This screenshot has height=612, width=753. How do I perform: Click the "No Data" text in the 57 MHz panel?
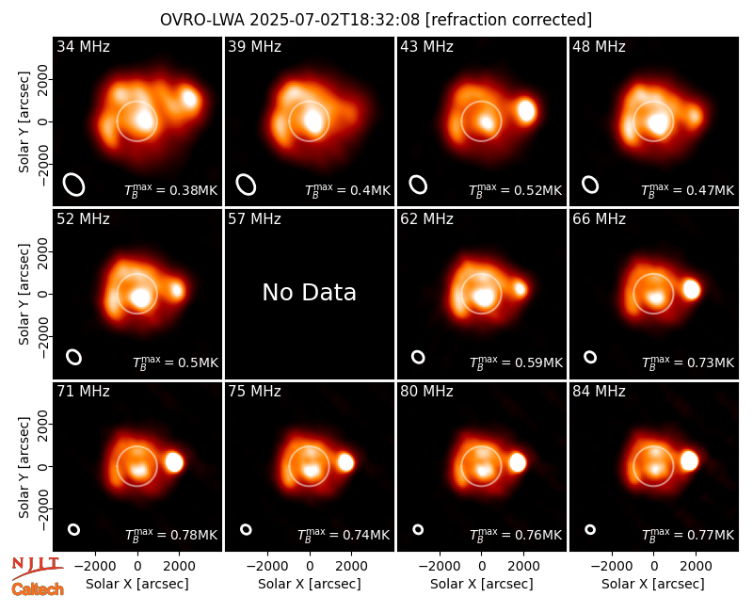[310, 292]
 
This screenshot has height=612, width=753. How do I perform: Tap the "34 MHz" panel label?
[83, 46]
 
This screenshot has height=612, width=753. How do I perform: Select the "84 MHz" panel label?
[599, 392]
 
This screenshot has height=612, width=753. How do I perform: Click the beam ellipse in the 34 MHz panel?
[74, 185]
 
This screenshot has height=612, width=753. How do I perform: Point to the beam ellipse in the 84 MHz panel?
[590, 529]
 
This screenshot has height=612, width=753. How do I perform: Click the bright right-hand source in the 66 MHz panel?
[692, 290]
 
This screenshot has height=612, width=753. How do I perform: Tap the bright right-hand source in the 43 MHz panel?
[526, 111]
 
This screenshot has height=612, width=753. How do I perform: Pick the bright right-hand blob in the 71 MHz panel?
[174, 462]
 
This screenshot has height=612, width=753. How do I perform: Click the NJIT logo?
[37, 568]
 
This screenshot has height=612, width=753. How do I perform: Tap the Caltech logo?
[38, 589]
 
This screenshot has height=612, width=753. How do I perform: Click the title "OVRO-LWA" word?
[202, 20]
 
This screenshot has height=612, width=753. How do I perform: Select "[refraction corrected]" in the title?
[508, 20]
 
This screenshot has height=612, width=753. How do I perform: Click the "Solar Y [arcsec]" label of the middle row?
[24, 294]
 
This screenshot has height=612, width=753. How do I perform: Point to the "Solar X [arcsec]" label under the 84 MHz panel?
[653, 584]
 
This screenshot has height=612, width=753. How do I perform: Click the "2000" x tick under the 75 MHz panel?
[351, 567]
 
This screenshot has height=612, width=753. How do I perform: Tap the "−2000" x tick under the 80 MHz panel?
[440, 567]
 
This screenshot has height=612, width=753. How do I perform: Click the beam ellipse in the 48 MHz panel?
[590, 185]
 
